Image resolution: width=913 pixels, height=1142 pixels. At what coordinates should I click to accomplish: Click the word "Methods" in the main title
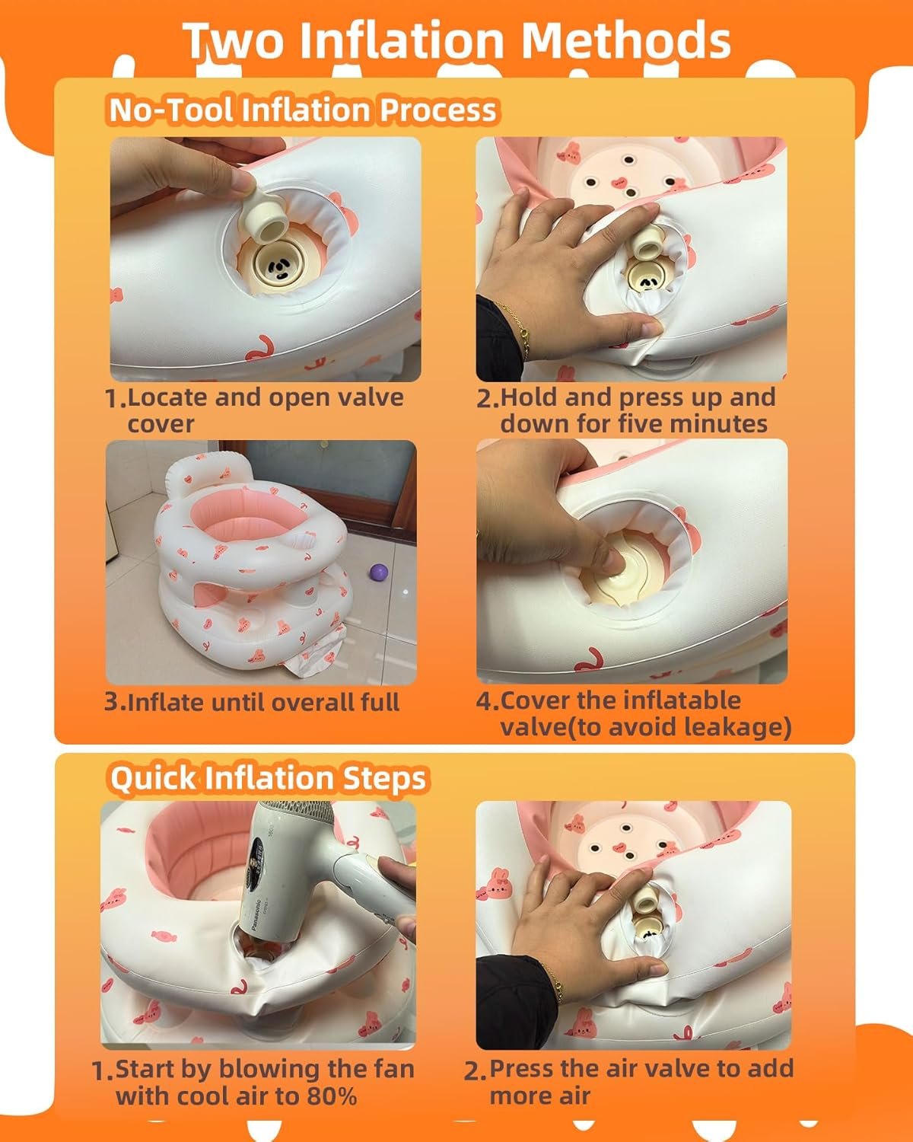point(626,40)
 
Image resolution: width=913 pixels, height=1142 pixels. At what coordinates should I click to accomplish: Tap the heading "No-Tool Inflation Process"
point(302,110)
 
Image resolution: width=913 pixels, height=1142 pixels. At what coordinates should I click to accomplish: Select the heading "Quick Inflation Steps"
point(268,779)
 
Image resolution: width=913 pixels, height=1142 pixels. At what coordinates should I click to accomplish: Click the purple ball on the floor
point(379,573)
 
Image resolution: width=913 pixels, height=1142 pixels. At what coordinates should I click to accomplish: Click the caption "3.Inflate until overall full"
point(252,702)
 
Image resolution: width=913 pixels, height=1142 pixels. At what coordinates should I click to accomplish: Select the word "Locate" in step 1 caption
point(167,397)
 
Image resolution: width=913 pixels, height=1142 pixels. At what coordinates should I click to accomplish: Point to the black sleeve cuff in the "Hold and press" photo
point(498,340)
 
